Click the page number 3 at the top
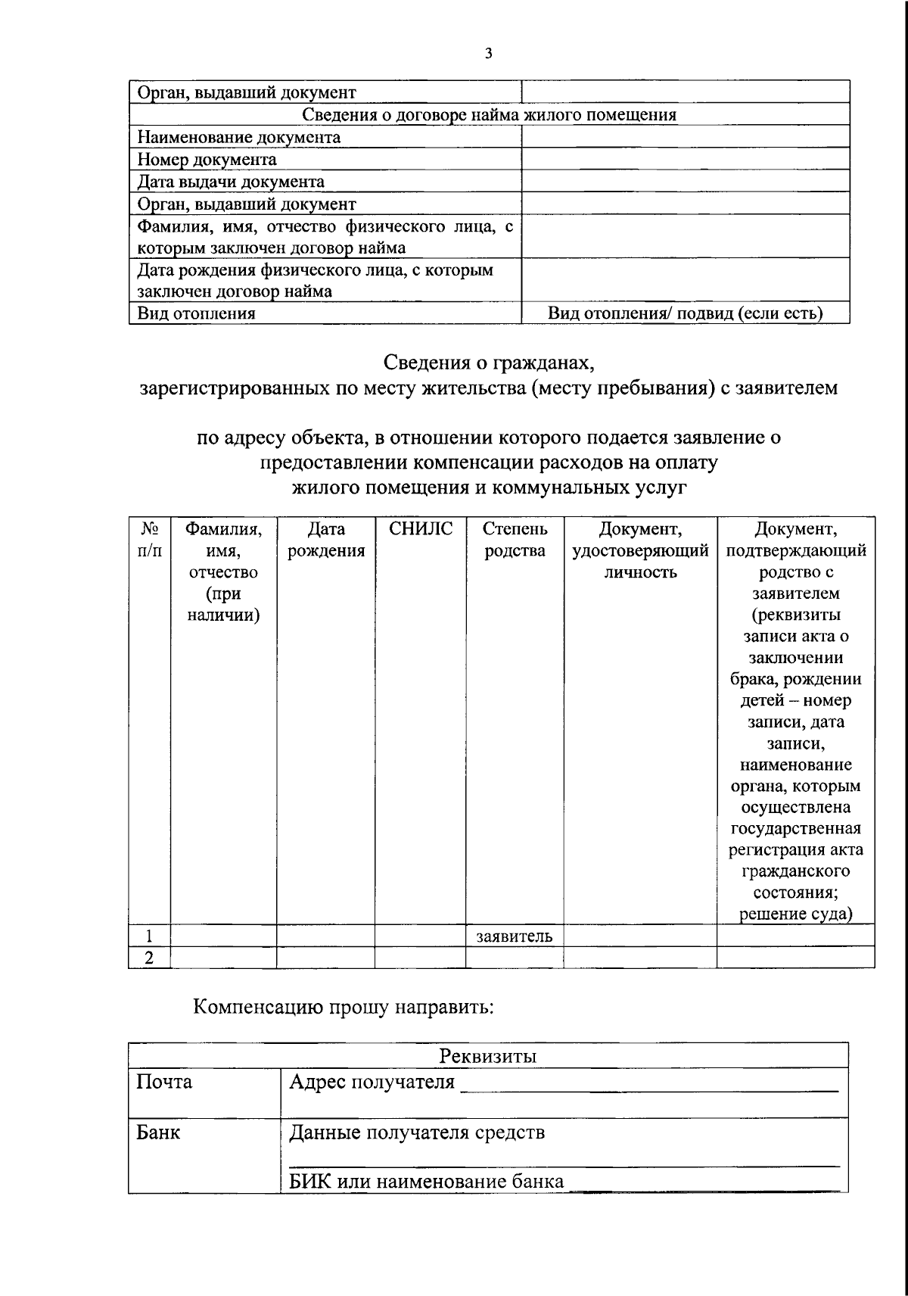click(488, 53)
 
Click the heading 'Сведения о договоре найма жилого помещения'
click(489, 115)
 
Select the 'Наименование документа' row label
click(238, 138)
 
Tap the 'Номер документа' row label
click(207, 160)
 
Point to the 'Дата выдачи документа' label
click(231, 182)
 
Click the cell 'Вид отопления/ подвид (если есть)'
click(686, 313)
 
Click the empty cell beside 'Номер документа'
click(686, 160)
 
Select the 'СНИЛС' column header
click(420, 529)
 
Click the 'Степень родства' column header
click(515, 540)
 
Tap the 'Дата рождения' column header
click(325, 540)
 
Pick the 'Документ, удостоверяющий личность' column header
click(640, 550)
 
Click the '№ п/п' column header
click(149, 540)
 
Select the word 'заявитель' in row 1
click(515, 936)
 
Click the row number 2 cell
click(149, 958)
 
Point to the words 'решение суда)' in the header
click(795, 914)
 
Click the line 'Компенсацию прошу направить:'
click(344, 1008)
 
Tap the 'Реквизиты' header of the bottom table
click(489, 1056)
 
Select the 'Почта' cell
click(164, 1082)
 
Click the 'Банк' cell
click(158, 1132)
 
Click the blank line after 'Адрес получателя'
click(649, 1087)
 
